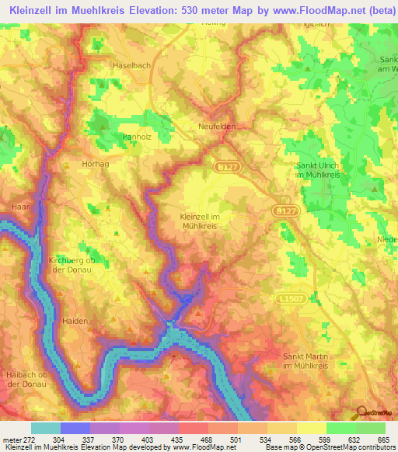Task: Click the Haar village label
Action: (x=20, y=206)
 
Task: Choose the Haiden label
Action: (x=75, y=320)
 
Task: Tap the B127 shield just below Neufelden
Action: (x=223, y=166)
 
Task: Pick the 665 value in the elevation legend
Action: (x=384, y=439)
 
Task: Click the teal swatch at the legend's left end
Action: (x=46, y=428)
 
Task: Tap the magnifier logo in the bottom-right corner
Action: (x=361, y=412)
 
